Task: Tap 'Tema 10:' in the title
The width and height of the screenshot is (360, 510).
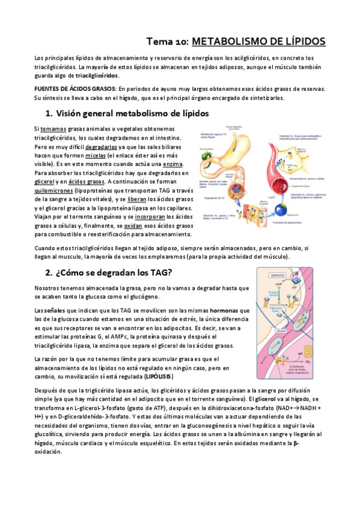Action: point(168,41)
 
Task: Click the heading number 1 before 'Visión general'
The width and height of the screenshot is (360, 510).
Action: point(49,113)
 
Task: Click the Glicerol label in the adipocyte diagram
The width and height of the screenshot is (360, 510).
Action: point(281,330)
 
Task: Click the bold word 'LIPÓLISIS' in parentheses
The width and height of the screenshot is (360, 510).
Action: point(158,376)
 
